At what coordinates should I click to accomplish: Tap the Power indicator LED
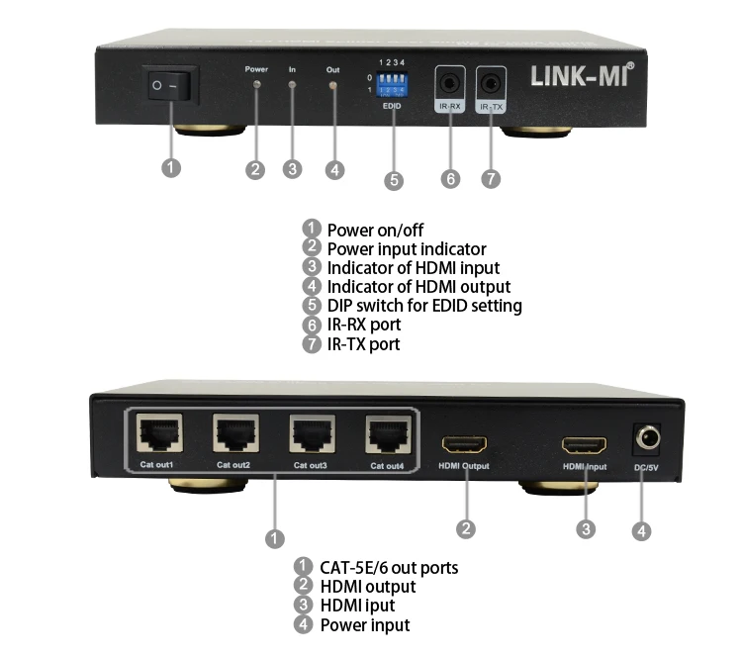tap(257, 86)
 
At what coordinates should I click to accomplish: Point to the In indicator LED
tap(292, 86)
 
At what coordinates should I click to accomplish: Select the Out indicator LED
tap(333, 86)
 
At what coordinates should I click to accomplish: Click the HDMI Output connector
tap(462, 444)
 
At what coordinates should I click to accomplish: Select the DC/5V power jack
tap(648, 438)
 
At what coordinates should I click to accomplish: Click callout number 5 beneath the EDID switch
tap(394, 180)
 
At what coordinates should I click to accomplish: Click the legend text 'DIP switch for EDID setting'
tap(424, 306)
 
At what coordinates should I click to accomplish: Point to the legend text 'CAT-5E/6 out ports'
tap(389, 568)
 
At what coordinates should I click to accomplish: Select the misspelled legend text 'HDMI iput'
tap(357, 606)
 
